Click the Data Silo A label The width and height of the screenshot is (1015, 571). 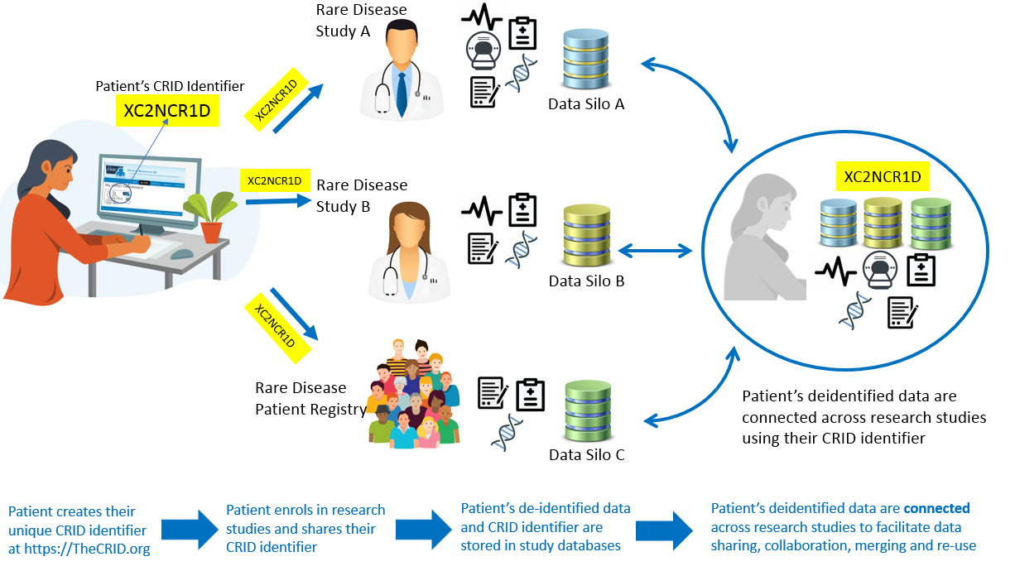tap(585, 104)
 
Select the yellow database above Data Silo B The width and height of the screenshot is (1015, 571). tap(585, 235)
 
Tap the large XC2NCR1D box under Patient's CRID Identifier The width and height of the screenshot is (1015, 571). tap(166, 109)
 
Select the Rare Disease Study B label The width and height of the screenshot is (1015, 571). tap(362, 195)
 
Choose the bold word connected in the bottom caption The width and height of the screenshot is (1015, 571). tap(936, 508)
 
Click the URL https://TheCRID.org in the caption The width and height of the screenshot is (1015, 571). tap(79, 547)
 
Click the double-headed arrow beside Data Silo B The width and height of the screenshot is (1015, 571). tap(655, 248)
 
